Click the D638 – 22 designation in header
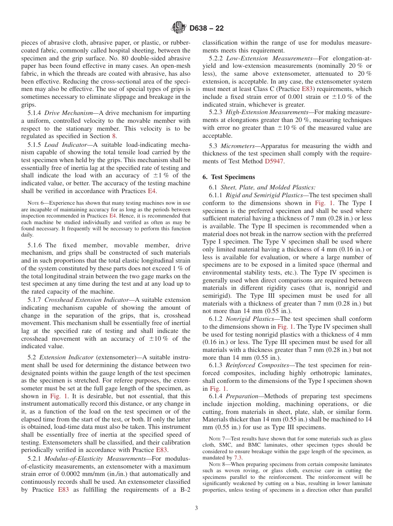(x=206, y=28)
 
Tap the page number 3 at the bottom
(x=196, y=508)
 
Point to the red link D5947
(x=274, y=161)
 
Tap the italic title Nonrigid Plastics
(x=252, y=319)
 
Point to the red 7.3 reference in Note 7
(x=238, y=458)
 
